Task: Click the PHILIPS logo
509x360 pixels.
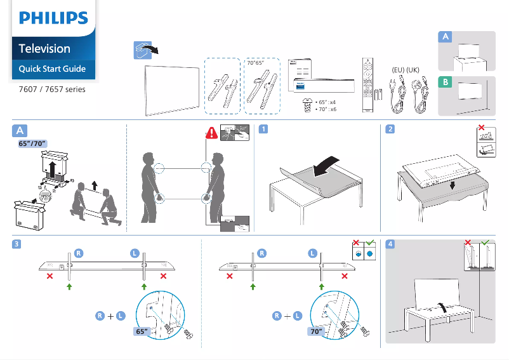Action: tap(53, 18)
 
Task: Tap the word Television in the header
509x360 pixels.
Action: tap(44, 48)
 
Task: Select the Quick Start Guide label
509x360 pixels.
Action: tap(52, 69)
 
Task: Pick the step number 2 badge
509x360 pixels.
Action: tap(390, 130)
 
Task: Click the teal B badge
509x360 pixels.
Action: tap(446, 83)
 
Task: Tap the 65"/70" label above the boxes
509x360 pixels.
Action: tap(32, 144)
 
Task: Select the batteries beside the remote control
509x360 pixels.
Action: tap(379, 95)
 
